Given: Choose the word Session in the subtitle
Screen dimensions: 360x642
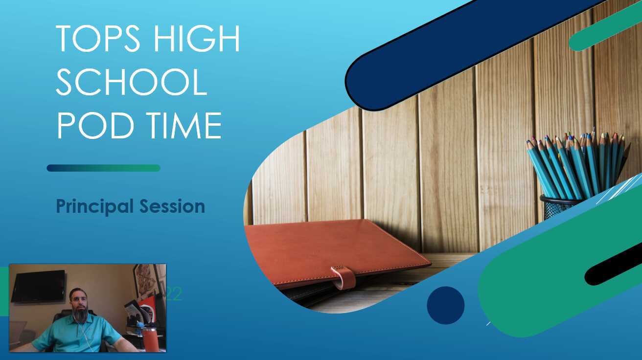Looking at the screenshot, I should click(x=172, y=206).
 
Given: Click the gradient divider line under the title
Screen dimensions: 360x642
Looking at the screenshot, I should click(x=103, y=168).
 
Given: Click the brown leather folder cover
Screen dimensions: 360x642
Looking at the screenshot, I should click(x=333, y=249).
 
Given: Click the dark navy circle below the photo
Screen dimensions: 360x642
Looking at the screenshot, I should click(x=445, y=305).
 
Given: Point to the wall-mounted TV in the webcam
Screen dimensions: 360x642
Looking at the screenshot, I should click(x=38, y=286).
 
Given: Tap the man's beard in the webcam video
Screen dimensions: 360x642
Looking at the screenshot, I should click(x=80, y=314).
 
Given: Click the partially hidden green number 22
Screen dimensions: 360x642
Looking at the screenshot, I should click(x=174, y=293).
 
